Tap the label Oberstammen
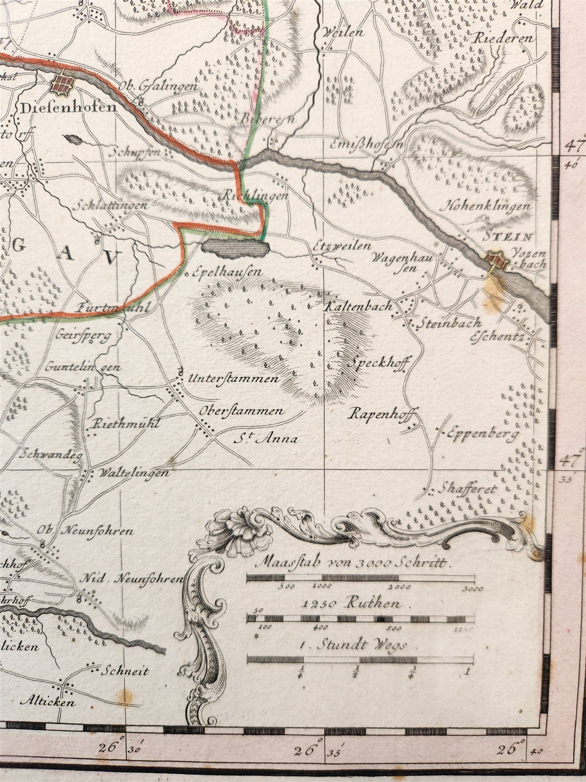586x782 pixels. point(241,412)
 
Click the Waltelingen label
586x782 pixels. point(134,473)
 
